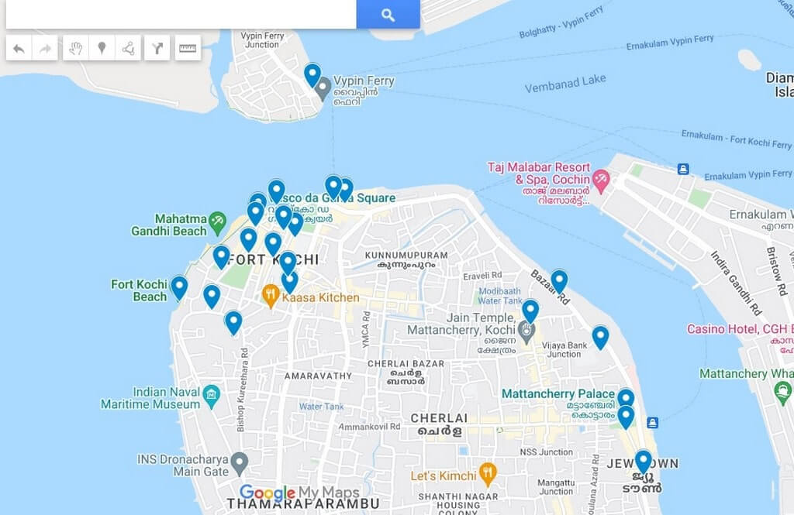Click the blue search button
tap(388, 14)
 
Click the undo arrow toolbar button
tap(19, 48)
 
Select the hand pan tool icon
tap(75, 48)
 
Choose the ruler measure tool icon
tap(187, 48)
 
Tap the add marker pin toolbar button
tap(101, 48)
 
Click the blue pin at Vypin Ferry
tap(312, 74)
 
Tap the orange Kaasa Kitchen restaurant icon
tap(270, 295)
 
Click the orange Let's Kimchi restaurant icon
tap(487, 472)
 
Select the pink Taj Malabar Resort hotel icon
tap(601, 182)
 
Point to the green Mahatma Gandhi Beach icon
tap(218, 222)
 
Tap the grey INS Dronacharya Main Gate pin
tap(239, 463)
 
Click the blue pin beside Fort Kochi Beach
tap(179, 287)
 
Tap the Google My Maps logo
tap(299, 493)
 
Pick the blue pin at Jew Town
tap(643, 461)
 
